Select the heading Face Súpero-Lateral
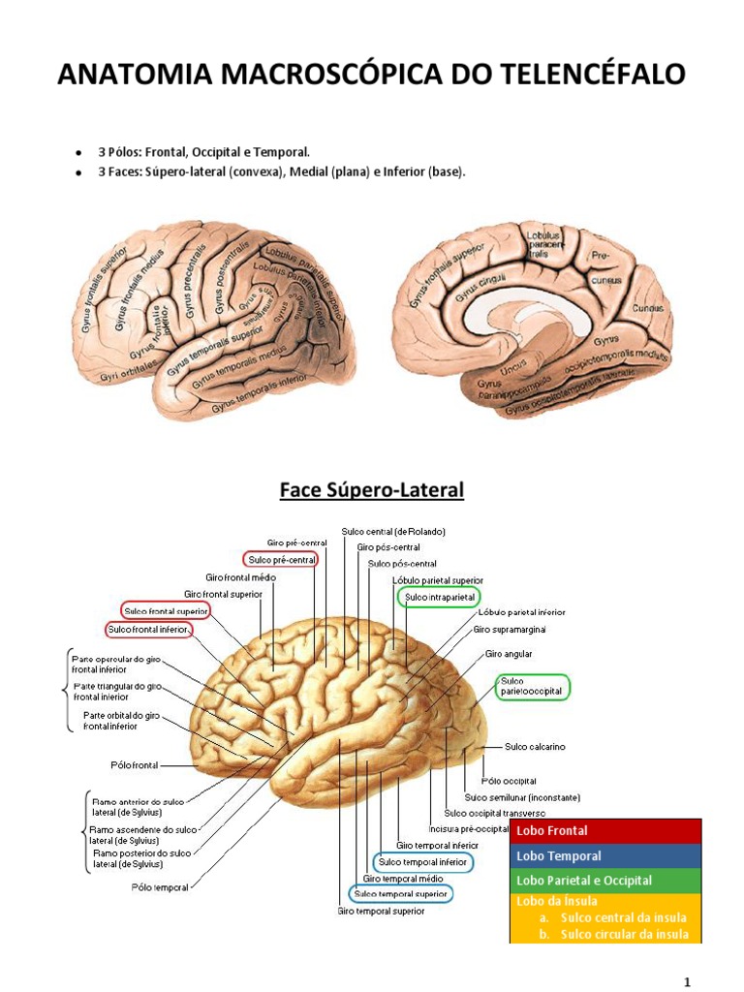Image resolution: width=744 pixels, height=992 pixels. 372,491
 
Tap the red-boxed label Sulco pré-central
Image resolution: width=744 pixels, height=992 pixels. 282,560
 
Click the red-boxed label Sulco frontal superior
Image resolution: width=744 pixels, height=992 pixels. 165,610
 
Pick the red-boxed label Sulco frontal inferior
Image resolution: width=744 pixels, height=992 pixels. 148,630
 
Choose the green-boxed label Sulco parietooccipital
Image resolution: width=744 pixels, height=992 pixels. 531,687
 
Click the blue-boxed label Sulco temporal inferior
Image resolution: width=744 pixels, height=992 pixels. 422,861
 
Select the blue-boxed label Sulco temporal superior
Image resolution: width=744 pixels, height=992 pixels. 400,893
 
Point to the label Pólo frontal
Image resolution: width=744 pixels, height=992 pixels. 134,764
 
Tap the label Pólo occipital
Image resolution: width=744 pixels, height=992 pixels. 509,781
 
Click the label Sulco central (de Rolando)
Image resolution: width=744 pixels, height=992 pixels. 393,532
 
